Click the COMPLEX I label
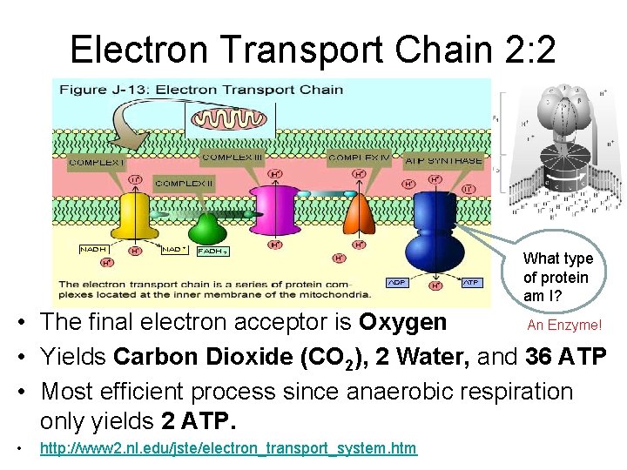click(97, 161)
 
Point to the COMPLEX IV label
click(357, 160)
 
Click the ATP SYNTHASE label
click(444, 160)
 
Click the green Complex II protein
click(207, 228)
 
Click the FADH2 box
click(213, 252)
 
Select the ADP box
click(398, 282)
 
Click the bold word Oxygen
click(402, 322)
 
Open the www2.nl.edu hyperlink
click(228, 448)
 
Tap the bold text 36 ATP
click(566, 357)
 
